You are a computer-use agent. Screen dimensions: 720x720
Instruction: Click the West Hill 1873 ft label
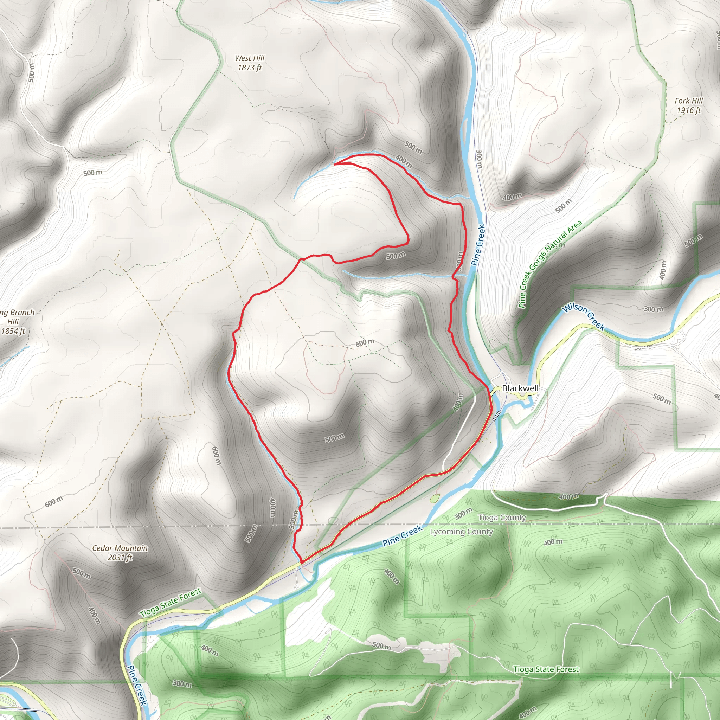coord(249,63)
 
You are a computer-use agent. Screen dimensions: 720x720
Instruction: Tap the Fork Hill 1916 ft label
coord(688,105)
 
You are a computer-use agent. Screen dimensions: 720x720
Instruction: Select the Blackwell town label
coord(520,388)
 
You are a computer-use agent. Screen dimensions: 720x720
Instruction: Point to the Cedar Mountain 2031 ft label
coord(120,553)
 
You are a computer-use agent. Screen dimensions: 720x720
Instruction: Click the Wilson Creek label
coord(584,316)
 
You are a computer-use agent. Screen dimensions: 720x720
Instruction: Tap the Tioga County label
coord(502,517)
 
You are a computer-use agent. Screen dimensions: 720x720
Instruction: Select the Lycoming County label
coord(461,532)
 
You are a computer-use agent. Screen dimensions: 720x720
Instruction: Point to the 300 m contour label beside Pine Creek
coord(479,159)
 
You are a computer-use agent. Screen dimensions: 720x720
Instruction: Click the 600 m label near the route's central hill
coord(365,342)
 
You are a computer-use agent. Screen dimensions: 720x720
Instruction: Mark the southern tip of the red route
coord(301,561)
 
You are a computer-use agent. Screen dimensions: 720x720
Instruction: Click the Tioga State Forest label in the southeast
coord(546,669)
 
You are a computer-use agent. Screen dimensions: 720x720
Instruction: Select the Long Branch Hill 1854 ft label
coord(15,321)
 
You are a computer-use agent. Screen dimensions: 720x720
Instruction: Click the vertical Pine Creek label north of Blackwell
coord(478,244)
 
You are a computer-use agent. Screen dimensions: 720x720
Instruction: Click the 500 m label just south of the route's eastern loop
coord(396,256)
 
